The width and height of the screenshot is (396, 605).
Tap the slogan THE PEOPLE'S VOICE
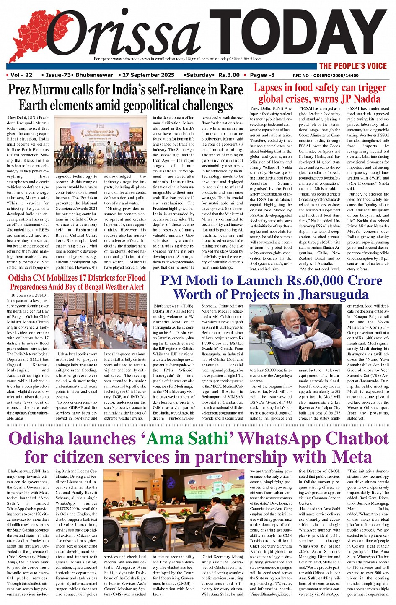[353, 66]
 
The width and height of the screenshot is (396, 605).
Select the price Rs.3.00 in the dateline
[229, 75]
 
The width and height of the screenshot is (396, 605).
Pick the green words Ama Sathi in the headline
[188, 438]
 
